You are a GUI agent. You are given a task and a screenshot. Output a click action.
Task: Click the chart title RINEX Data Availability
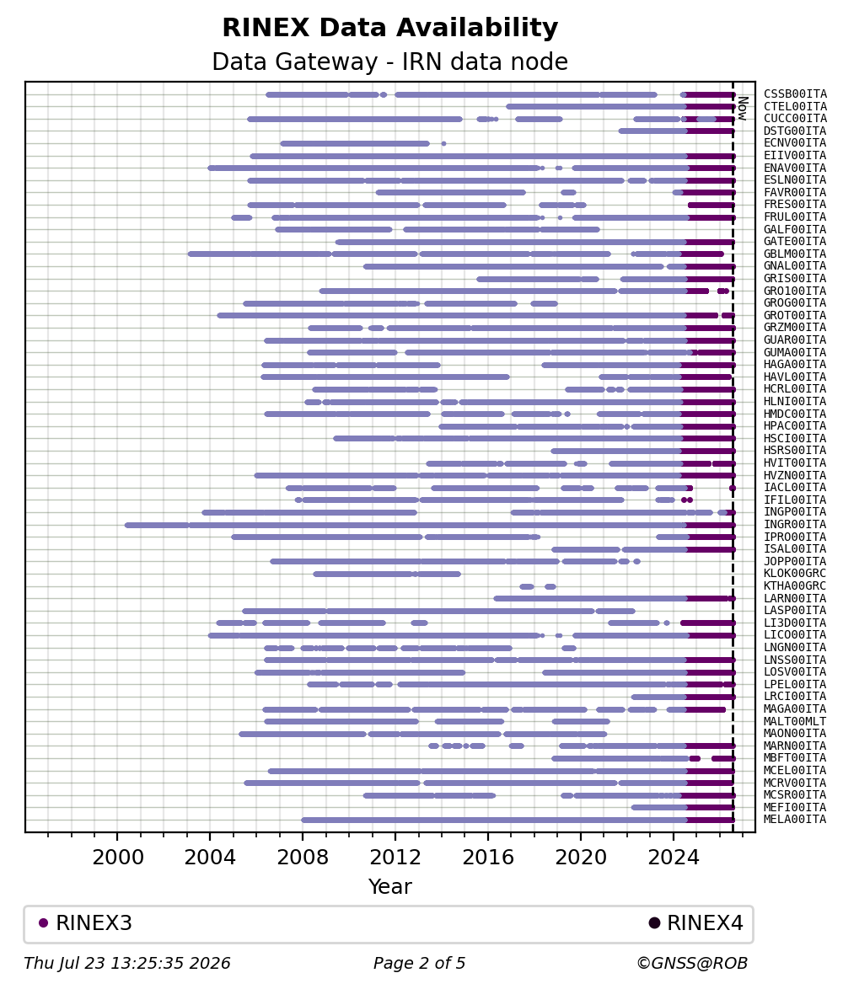[x=390, y=28]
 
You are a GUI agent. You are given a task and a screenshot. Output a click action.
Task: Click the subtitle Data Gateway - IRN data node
[x=390, y=61]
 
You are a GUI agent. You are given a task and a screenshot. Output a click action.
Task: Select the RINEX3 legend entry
[x=85, y=922]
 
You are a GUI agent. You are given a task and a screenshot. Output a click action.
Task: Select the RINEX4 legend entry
[x=696, y=922]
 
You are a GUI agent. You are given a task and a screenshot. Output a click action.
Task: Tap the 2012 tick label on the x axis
[x=395, y=858]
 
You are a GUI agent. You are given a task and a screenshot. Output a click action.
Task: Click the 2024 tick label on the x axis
[x=674, y=858]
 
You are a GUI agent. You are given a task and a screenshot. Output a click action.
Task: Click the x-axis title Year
[x=390, y=886]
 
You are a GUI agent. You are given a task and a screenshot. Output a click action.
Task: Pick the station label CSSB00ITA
[x=794, y=94]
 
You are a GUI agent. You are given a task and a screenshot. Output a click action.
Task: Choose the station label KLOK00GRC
[x=794, y=574]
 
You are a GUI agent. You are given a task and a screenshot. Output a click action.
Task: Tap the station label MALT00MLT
[x=794, y=721]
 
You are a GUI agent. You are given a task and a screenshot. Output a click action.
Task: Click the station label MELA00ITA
[x=794, y=820]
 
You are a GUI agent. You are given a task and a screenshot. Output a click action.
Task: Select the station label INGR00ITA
[x=794, y=524]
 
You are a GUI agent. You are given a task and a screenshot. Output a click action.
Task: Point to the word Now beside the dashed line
[x=743, y=108]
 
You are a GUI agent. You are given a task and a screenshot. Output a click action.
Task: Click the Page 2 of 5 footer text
[x=420, y=963]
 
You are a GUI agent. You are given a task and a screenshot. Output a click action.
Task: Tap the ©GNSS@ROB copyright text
[x=692, y=963]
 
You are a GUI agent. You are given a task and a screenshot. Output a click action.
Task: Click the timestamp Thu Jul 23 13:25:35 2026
[x=126, y=963]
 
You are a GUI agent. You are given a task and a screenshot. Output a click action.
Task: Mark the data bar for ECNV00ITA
[x=355, y=144]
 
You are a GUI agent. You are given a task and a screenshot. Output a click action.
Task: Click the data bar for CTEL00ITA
[x=620, y=107]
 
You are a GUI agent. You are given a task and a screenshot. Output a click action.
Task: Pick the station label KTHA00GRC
[x=794, y=586]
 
